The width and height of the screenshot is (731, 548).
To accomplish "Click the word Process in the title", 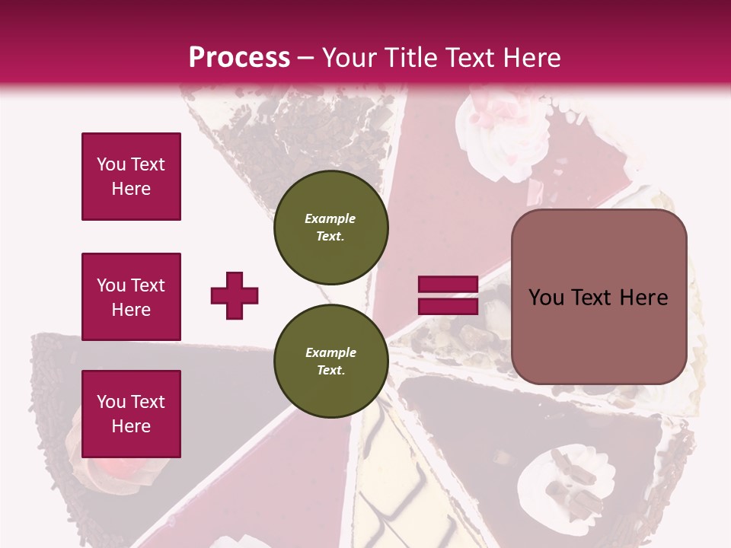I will click(239, 58).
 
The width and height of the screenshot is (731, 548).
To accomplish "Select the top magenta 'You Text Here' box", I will click(131, 177).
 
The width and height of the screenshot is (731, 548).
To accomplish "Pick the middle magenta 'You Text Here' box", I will click(131, 297).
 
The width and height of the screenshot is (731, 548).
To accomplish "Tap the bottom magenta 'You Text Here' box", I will click(131, 414).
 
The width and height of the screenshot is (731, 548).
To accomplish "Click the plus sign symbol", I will click(235, 295).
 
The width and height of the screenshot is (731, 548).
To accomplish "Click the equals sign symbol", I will click(448, 295).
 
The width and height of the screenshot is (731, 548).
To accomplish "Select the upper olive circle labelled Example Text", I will click(330, 227).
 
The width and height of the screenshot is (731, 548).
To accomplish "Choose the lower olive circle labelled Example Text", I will click(330, 361).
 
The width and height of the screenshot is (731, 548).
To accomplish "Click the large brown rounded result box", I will click(599, 297).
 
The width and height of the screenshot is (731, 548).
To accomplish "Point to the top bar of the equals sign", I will click(448, 285).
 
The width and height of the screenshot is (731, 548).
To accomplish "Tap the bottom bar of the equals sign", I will click(448, 306).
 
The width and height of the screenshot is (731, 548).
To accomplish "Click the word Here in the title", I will click(533, 58).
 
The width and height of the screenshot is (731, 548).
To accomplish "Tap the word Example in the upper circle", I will click(330, 218).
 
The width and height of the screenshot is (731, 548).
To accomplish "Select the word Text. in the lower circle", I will click(330, 371).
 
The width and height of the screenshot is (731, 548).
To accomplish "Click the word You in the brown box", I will click(546, 298).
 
